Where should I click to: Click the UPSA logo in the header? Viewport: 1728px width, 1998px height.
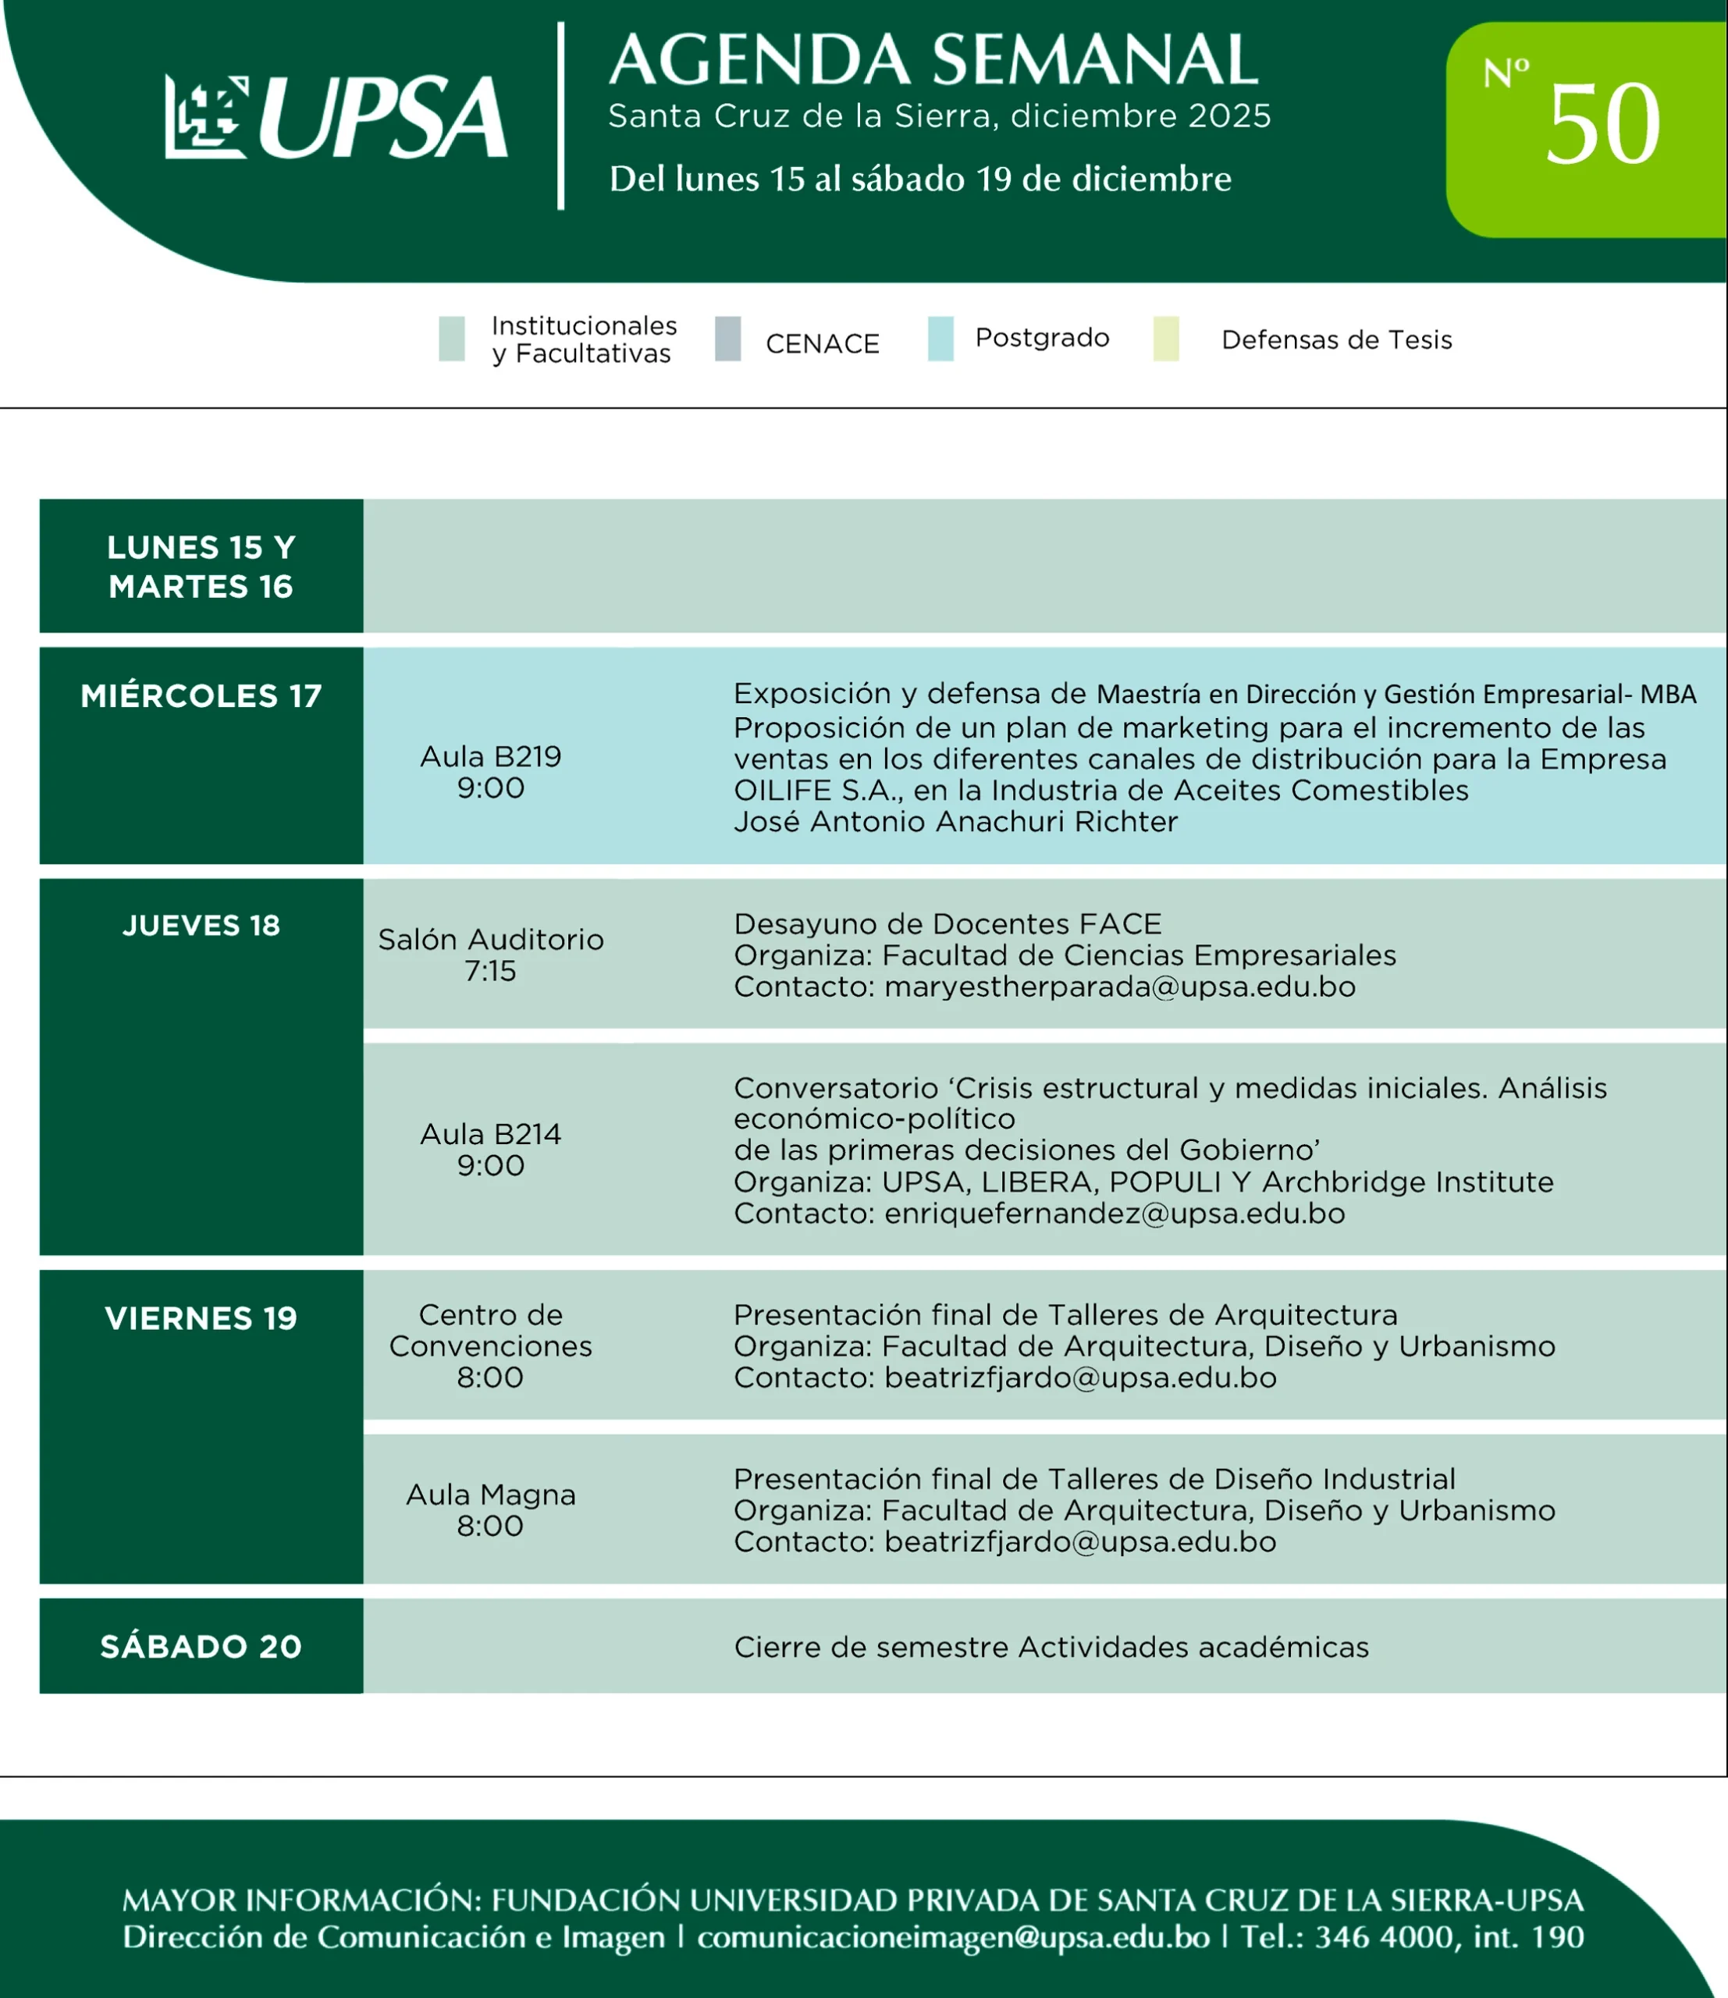(x=336, y=118)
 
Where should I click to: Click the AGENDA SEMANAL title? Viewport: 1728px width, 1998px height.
(x=933, y=60)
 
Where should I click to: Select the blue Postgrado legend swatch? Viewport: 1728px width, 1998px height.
(x=940, y=339)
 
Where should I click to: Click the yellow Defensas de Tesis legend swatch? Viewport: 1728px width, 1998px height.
(x=1166, y=339)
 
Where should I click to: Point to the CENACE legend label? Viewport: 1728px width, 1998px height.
(x=822, y=344)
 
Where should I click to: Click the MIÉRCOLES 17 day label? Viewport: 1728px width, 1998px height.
(x=201, y=696)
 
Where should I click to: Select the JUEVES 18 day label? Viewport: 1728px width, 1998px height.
(x=201, y=926)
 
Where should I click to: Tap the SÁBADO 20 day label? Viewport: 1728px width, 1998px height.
(x=201, y=1646)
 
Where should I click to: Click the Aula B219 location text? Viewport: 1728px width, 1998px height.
(x=490, y=757)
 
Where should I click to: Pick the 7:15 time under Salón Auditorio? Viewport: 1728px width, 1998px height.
(x=490, y=971)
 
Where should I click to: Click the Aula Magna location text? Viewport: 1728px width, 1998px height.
(x=490, y=1495)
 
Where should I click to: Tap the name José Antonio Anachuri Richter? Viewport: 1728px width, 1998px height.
(x=955, y=822)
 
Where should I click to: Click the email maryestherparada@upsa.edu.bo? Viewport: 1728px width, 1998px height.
(x=1119, y=987)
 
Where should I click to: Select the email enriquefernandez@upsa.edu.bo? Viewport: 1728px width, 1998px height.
(x=1114, y=1213)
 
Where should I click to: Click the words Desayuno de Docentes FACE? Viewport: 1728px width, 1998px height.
(x=947, y=925)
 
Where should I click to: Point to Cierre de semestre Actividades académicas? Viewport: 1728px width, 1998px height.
(x=1051, y=1647)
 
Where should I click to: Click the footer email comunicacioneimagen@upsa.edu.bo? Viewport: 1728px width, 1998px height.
(x=953, y=1937)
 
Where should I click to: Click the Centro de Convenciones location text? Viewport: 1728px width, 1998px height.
(x=490, y=1331)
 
